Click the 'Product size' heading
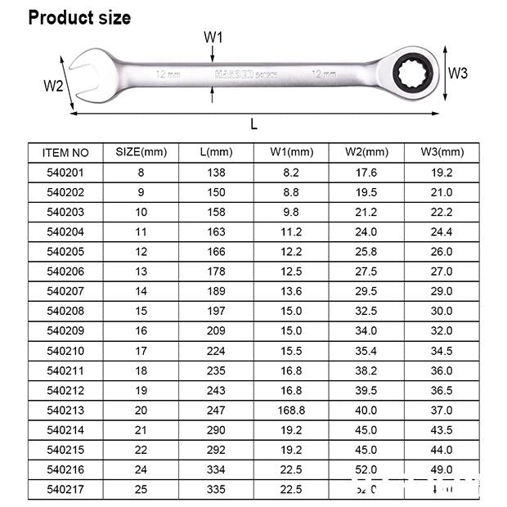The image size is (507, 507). (x=79, y=17)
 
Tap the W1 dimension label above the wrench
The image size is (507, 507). (x=213, y=37)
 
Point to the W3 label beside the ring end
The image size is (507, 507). (x=458, y=73)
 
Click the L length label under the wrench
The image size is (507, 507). (x=254, y=124)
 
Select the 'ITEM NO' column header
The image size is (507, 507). (x=65, y=152)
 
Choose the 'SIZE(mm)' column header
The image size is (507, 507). (x=141, y=152)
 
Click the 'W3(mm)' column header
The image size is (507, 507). (x=442, y=152)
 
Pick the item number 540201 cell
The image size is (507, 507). (x=65, y=173)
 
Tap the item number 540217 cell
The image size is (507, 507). (x=65, y=489)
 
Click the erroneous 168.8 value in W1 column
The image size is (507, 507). (x=291, y=410)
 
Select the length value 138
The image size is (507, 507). (x=216, y=173)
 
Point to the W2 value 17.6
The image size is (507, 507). (x=366, y=173)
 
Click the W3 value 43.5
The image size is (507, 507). (x=442, y=429)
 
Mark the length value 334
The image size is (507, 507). (x=216, y=469)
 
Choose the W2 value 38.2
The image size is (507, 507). (x=366, y=370)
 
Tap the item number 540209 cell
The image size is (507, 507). (x=65, y=330)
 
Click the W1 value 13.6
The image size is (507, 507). (x=291, y=291)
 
